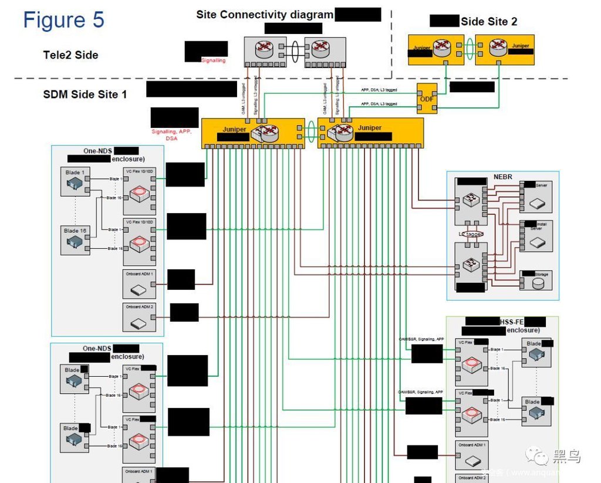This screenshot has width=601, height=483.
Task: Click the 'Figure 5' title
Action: [x=63, y=19]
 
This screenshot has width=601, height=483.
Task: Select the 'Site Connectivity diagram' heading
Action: [x=265, y=15]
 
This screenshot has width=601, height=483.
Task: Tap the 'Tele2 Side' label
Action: [x=70, y=55]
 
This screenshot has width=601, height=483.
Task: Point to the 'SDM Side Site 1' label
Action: [x=85, y=94]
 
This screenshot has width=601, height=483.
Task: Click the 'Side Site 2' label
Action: [x=489, y=22]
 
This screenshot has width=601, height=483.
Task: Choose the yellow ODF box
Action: [x=427, y=99]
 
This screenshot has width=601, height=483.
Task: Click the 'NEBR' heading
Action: [x=502, y=177]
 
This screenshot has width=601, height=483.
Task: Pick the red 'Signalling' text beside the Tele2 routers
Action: [x=213, y=60]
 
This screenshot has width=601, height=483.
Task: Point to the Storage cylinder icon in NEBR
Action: [x=537, y=283]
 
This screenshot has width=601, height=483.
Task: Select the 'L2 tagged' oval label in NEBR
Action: [x=470, y=234]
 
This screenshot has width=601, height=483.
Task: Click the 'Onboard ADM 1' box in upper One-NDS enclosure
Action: [x=139, y=284]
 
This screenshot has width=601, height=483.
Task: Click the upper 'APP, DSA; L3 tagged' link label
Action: [x=379, y=90]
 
